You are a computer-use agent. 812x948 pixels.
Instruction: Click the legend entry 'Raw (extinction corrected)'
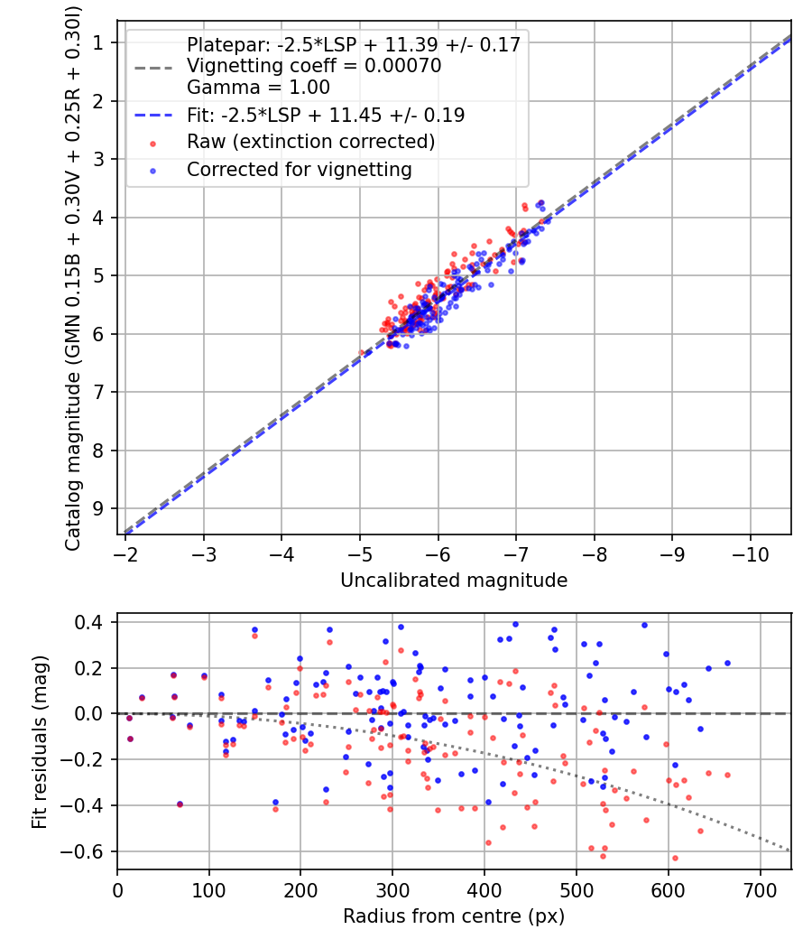[310, 142]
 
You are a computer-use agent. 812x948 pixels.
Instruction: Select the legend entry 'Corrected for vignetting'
[299, 169]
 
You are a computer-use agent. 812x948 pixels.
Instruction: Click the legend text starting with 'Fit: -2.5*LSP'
[326, 115]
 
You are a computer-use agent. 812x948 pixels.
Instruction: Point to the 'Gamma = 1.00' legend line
[258, 88]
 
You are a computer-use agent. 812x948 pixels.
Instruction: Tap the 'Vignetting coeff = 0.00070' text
[314, 66]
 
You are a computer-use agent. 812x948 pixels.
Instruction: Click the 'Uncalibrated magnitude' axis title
[454, 581]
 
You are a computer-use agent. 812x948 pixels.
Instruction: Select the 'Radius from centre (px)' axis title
[454, 916]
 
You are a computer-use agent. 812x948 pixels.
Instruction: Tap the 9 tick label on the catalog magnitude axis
[97, 508]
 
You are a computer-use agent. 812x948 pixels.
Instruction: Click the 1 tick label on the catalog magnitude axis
[97, 42]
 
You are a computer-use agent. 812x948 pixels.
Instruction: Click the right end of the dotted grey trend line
[790, 850]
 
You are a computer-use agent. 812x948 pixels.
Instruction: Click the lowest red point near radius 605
[548, 858]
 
